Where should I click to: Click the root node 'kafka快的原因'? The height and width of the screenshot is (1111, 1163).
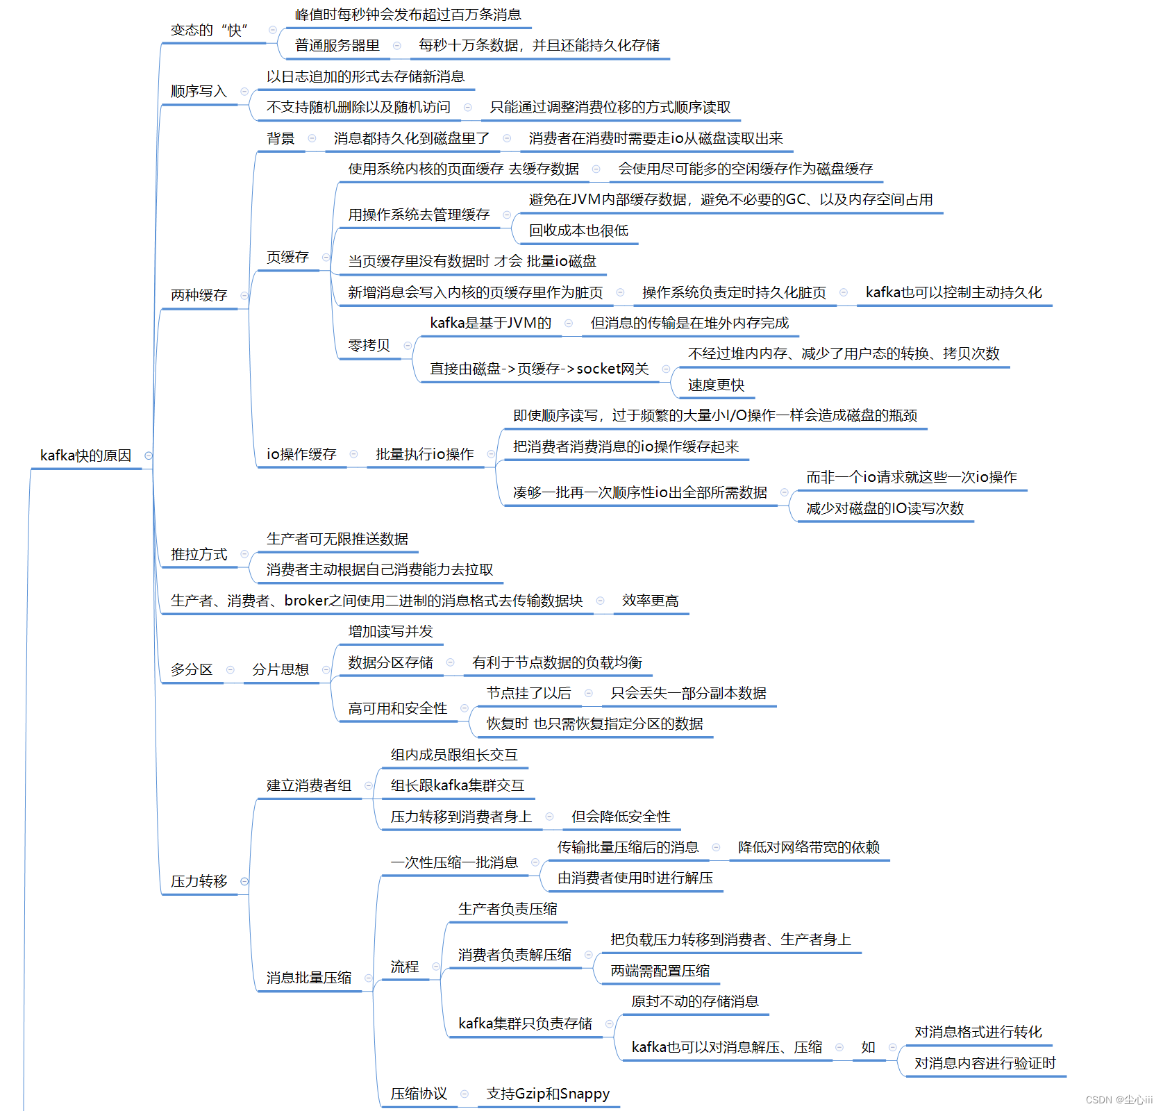click(85, 456)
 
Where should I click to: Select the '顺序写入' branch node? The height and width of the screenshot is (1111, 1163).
click(199, 92)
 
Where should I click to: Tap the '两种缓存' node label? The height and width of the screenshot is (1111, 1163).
click(199, 295)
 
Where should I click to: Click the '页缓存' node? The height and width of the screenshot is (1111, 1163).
click(287, 258)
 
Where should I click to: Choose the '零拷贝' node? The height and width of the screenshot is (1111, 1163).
click(369, 345)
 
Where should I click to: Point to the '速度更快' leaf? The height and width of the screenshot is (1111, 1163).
click(716, 385)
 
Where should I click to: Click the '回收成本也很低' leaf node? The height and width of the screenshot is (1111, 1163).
click(578, 231)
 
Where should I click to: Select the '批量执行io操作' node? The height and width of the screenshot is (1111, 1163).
click(424, 454)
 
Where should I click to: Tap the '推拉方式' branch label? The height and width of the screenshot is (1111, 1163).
click(199, 554)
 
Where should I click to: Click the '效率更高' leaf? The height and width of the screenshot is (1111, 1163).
click(650, 601)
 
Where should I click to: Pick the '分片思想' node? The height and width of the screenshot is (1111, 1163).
click(280, 669)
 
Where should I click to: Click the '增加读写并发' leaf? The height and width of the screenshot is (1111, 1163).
click(390, 631)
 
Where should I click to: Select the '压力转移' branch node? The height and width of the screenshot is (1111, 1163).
click(199, 881)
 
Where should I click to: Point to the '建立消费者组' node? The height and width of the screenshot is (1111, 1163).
click(309, 785)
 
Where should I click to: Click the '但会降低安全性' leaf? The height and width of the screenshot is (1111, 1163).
click(621, 817)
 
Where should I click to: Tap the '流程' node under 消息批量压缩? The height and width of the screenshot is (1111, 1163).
click(404, 967)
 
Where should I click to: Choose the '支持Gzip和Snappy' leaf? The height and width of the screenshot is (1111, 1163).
click(548, 1094)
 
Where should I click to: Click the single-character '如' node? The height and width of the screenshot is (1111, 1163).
click(868, 1047)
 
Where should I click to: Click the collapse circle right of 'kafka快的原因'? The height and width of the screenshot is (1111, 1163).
click(148, 456)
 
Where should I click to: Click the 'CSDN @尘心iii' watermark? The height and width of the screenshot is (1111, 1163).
click(1119, 1100)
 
